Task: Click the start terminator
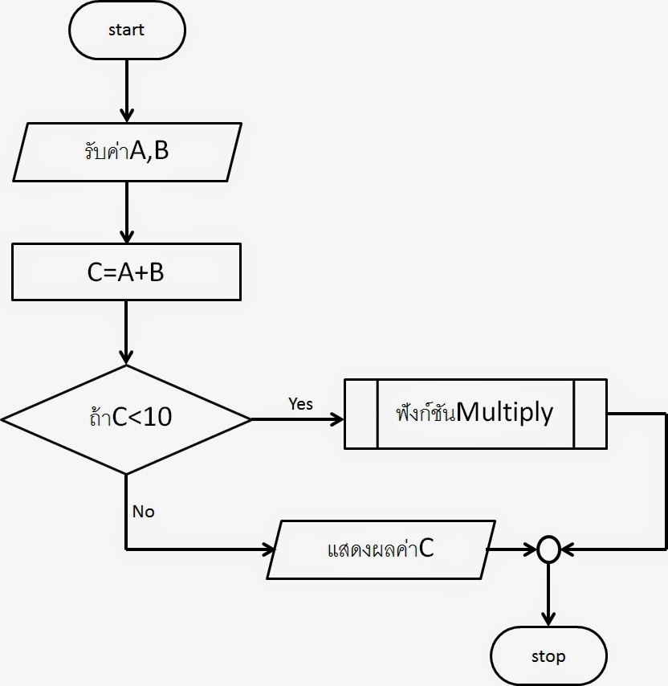pos(127,31)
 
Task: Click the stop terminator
pos(548,656)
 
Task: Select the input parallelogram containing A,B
pos(127,151)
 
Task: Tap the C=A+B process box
pos(126,272)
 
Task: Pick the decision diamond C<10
pos(126,419)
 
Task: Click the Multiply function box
pos(475,414)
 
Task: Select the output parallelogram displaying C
pos(381,550)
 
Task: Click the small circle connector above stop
pos(548,550)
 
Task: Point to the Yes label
pos(300,404)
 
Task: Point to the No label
pos(143,512)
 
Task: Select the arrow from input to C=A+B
pos(127,213)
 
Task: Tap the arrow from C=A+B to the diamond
pos(127,333)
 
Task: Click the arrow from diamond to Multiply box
pos(297,419)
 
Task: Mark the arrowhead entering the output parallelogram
pos(267,550)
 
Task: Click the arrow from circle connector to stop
pos(548,594)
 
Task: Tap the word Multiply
pos(504,413)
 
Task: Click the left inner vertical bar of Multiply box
pos(377,414)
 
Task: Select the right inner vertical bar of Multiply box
pos(574,414)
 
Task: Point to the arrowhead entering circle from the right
pos(567,550)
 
